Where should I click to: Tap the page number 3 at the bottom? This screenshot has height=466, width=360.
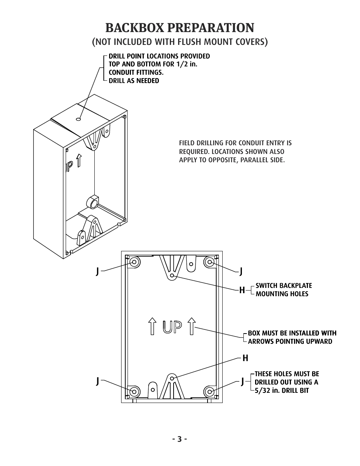(180, 439)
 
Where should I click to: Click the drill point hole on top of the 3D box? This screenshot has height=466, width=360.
(78, 119)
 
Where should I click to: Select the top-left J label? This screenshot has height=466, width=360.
(97, 271)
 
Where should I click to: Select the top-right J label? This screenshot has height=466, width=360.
(241, 271)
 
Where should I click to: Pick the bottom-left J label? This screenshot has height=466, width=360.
(97, 381)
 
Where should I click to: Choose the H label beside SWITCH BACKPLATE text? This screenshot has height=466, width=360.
(242, 290)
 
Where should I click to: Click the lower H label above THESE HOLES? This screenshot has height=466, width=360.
(245, 358)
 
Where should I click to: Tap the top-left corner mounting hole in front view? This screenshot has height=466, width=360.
(134, 262)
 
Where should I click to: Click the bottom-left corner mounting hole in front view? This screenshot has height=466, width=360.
(134, 391)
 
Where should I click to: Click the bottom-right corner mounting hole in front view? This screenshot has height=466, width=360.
(210, 391)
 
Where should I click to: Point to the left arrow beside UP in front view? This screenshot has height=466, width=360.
(152, 326)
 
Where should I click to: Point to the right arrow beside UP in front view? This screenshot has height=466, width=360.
(192, 326)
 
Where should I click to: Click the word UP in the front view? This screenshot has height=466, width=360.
(172, 327)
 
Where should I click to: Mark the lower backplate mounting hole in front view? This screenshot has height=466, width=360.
(172, 378)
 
